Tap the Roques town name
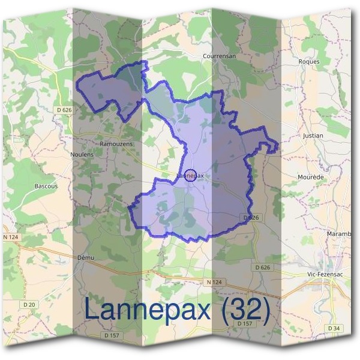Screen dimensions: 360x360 click(x=308, y=61)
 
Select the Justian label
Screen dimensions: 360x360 click(x=313, y=136)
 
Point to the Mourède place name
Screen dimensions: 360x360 click(x=311, y=178)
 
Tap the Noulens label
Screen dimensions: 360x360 click(x=82, y=154)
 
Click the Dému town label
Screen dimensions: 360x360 click(x=87, y=257)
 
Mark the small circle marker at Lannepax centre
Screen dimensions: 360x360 click(x=190, y=175)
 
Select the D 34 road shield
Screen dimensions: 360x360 click(x=334, y=328)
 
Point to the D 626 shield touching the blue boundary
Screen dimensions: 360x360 click(x=251, y=217)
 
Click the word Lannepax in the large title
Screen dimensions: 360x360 click(x=149, y=310)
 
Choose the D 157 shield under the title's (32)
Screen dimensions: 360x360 click(x=244, y=323)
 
